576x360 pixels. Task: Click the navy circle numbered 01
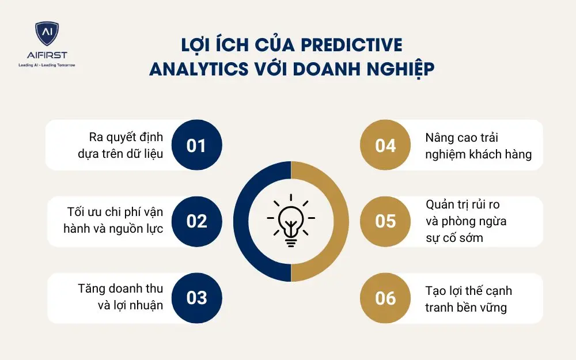click(x=196, y=145)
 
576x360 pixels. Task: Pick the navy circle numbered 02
click(x=196, y=221)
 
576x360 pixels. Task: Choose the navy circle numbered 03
click(x=196, y=298)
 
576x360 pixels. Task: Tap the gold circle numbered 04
click(x=385, y=145)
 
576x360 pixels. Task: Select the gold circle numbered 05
click(x=385, y=221)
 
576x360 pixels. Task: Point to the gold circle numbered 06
click(x=385, y=298)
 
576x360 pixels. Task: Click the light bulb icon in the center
click(x=291, y=221)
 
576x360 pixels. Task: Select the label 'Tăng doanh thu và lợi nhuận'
click(x=120, y=297)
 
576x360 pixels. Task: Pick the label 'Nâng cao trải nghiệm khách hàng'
click(x=478, y=146)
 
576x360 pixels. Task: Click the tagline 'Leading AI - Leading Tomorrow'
click(x=47, y=65)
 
